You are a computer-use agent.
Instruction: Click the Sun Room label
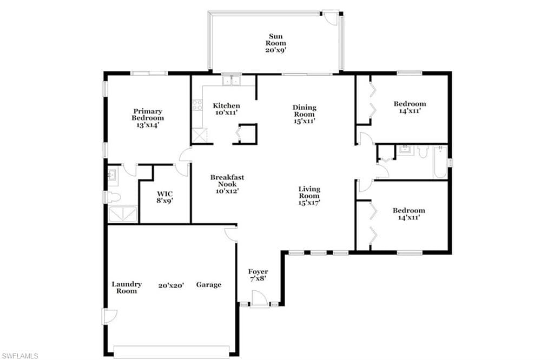[x=275, y=43]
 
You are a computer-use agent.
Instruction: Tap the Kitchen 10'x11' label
[x=226, y=109]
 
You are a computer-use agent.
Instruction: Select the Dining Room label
[x=304, y=114]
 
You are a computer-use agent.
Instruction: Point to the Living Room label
[x=309, y=196]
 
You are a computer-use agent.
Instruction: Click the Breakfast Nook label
[x=227, y=184]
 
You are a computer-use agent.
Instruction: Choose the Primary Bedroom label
[x=148, y=118]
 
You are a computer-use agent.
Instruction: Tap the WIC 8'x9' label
[x=165, y=197]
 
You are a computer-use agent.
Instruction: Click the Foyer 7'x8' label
[x=258, y=275]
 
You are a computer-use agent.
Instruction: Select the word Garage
[x=209, y=284]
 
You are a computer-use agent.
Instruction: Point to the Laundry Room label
[x=127, y=287]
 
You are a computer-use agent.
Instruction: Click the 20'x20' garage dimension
[x=171, y=285]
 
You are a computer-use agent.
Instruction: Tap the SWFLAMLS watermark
[x=19, y=356]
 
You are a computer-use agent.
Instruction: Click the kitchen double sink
[x=231, y=80]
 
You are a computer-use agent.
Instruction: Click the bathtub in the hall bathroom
[x=440, y=162]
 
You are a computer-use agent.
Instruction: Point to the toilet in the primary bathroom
[x=114, y=197]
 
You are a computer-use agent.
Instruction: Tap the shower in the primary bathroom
[x=122, y=214]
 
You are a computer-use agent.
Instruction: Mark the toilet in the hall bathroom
[x=423, y=152]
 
